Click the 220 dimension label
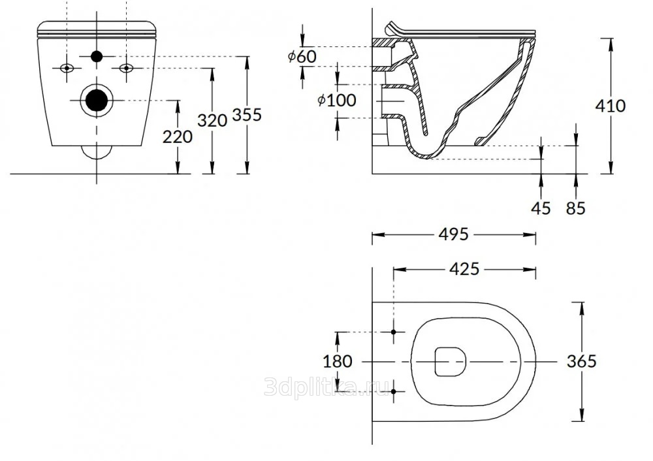[178, 136]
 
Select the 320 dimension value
[212, 120]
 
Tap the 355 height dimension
[247, 114]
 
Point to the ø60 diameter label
[302, 56]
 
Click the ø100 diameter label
[337, 100]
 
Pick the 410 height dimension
[611, 106]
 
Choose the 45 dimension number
[541, 208]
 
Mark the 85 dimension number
[575, 208]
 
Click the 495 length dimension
[454, 234]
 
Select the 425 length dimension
[464, 270]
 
